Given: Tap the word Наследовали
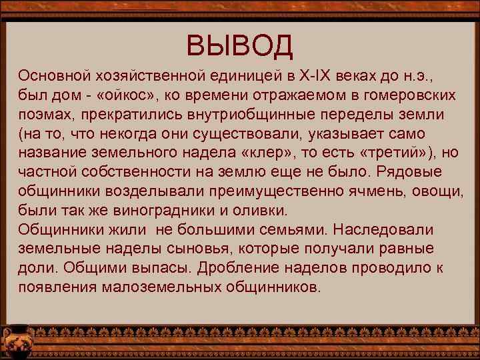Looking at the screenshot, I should point(383,230).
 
